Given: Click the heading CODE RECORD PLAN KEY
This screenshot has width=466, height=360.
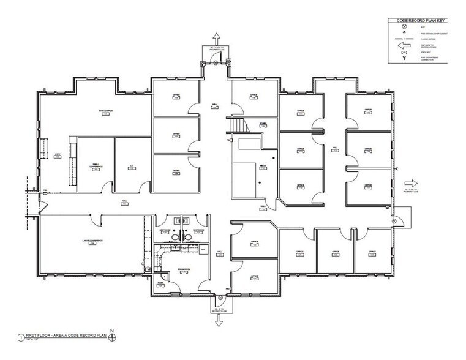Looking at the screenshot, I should tap(419, 20).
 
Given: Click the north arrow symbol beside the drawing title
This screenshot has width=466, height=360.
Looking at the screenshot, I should tap(112, 336).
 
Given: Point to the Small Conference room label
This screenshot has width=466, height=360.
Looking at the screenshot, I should tap(95, 167).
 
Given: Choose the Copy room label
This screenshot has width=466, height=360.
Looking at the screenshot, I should tap(57, 156).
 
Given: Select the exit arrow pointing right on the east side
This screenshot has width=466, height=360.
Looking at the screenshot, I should tap(413, 182).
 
